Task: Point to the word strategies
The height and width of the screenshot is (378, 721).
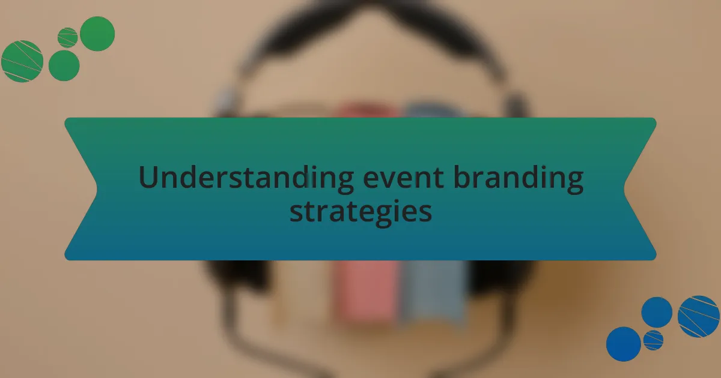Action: coord(360,211)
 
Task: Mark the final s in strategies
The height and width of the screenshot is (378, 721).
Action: coord(426,212)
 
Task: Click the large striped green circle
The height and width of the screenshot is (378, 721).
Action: coord(22,61)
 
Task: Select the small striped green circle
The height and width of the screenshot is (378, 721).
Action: coord(67,38)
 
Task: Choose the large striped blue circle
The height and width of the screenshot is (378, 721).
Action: coord(698,316)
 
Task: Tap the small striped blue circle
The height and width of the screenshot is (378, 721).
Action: coord(653,340)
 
